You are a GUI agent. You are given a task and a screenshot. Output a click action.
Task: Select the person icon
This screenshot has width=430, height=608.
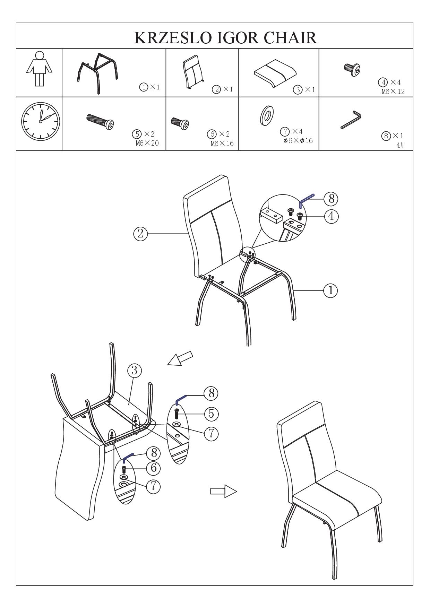point(40,69)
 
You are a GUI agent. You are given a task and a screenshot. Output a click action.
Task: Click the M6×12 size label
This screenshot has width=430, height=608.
point(393,92)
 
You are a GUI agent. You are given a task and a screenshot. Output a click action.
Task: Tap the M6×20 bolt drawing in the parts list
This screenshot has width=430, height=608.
point(100,121)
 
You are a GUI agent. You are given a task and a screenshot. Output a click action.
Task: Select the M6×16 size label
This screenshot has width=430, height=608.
point(222,144)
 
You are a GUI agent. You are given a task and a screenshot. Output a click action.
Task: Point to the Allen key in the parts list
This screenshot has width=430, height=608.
point(351,119)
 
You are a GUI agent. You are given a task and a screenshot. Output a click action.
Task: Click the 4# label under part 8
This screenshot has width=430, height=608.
point(400,145)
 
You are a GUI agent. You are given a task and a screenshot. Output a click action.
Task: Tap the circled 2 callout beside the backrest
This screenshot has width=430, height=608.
point(140,234)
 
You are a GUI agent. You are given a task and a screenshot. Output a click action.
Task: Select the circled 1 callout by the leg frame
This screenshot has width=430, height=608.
point(330,290)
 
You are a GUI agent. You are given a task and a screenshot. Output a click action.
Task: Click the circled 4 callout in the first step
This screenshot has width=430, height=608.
point(331,216)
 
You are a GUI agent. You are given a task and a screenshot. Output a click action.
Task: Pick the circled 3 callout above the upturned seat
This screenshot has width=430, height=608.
point(135,371)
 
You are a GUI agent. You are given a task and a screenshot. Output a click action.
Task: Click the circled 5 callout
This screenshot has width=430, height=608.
point(211,414)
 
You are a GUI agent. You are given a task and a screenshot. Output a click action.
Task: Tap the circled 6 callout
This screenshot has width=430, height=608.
point(153,468)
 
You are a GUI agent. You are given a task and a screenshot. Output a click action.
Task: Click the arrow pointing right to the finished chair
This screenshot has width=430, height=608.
point(224,491)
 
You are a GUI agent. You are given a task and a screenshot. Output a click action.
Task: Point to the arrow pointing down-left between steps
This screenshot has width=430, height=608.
point(180,358)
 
